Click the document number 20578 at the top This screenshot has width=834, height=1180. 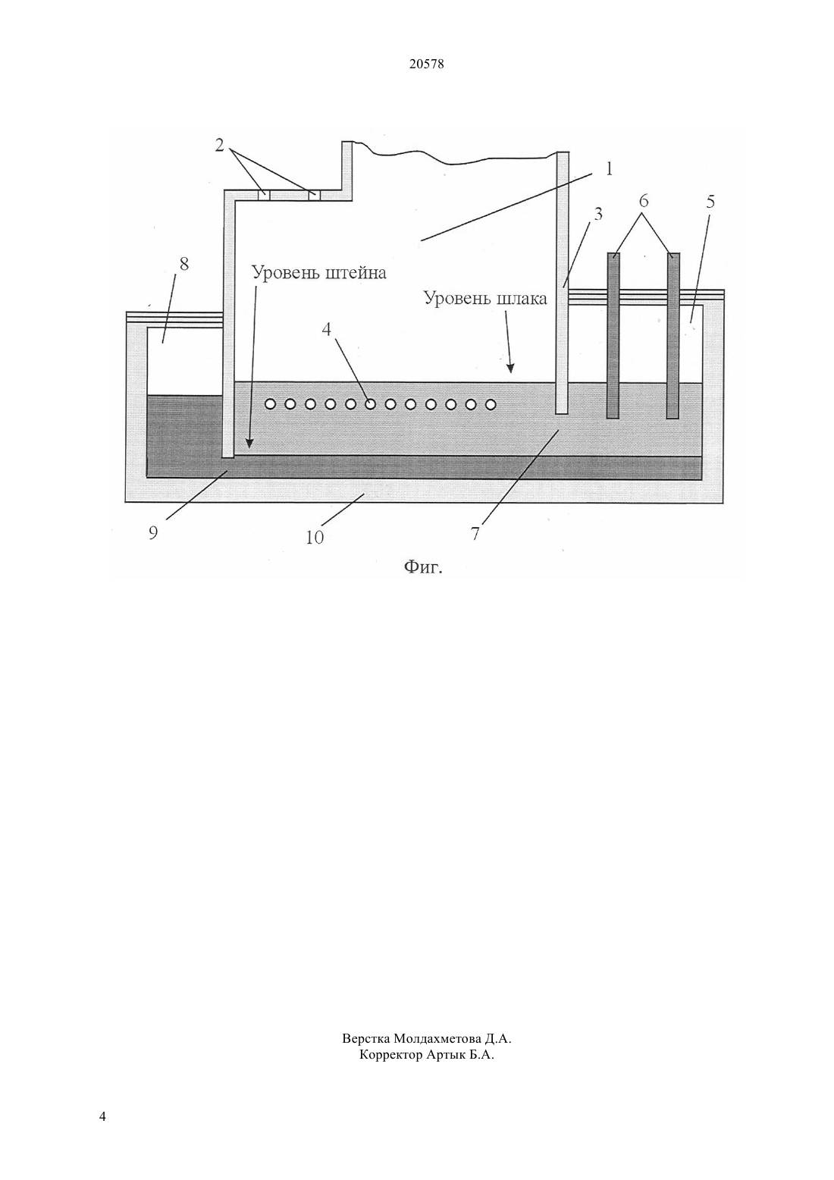click(426, 64)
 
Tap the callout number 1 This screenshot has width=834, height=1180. click(609, 169)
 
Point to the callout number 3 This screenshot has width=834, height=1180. click(597, 214)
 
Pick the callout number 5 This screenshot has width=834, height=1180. click(710, 202)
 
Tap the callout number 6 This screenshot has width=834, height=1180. click(644, 201)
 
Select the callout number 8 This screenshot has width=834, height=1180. click(183, 264)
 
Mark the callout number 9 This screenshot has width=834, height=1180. click(152, 534)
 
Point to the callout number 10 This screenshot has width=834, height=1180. click(315, 538)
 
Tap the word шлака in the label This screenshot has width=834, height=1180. click(522, 300)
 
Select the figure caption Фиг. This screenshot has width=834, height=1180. click(423, 567)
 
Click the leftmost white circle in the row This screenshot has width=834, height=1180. click(270, 404)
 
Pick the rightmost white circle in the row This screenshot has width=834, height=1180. click(491, 404)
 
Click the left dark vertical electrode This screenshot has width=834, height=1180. click(613, 335)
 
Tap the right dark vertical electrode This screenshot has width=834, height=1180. click(673, 335)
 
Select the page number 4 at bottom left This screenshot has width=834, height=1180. click(102, 1117)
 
